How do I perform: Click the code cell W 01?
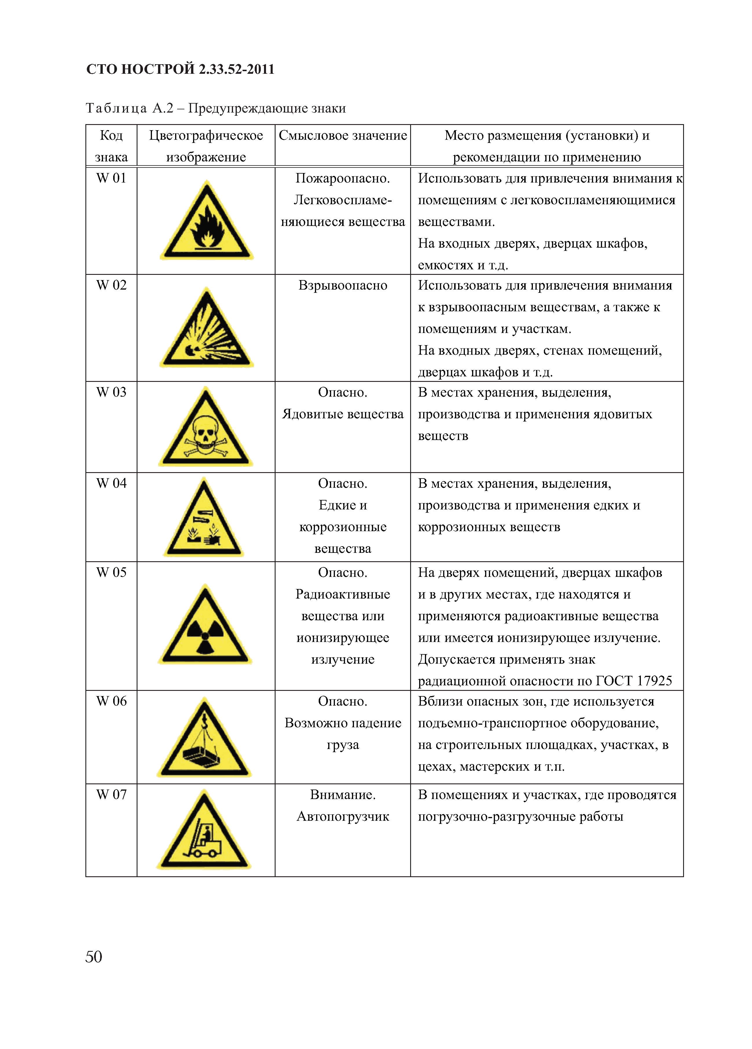click(x=111, y=178)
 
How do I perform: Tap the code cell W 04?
click(x=111, y=483)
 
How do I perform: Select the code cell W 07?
click(x=111, y=795)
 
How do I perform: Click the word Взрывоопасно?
click(x=342, y=285)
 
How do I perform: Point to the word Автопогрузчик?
click(x=342, y=816)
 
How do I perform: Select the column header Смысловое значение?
click(x=342, y=135)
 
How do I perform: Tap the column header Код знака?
click(x=111, y=146)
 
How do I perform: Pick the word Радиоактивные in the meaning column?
click(x=342, y=594)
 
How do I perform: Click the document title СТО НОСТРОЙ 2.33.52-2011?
click(x=181, y=69)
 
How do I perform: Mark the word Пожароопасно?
click(x=342, y=178)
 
